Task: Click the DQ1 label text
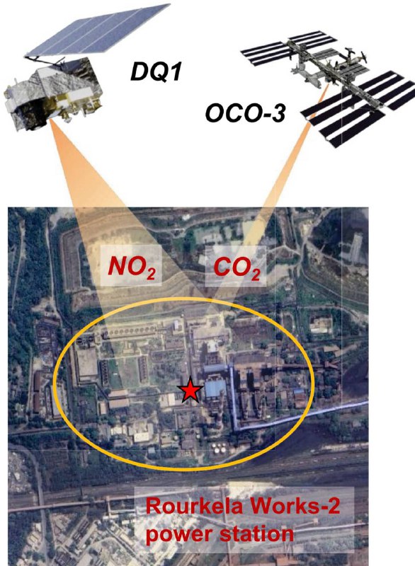[156, 71]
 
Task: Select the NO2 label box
[131, 266]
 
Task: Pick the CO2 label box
[236, 266]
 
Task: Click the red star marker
[190, 390]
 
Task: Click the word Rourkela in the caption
[194, 506]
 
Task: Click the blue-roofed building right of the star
[215, 388]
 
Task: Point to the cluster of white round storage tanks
[220, 449]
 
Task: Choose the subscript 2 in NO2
[152, 275]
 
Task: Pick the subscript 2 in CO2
[256, 275]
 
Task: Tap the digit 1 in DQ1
[174, 71]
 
